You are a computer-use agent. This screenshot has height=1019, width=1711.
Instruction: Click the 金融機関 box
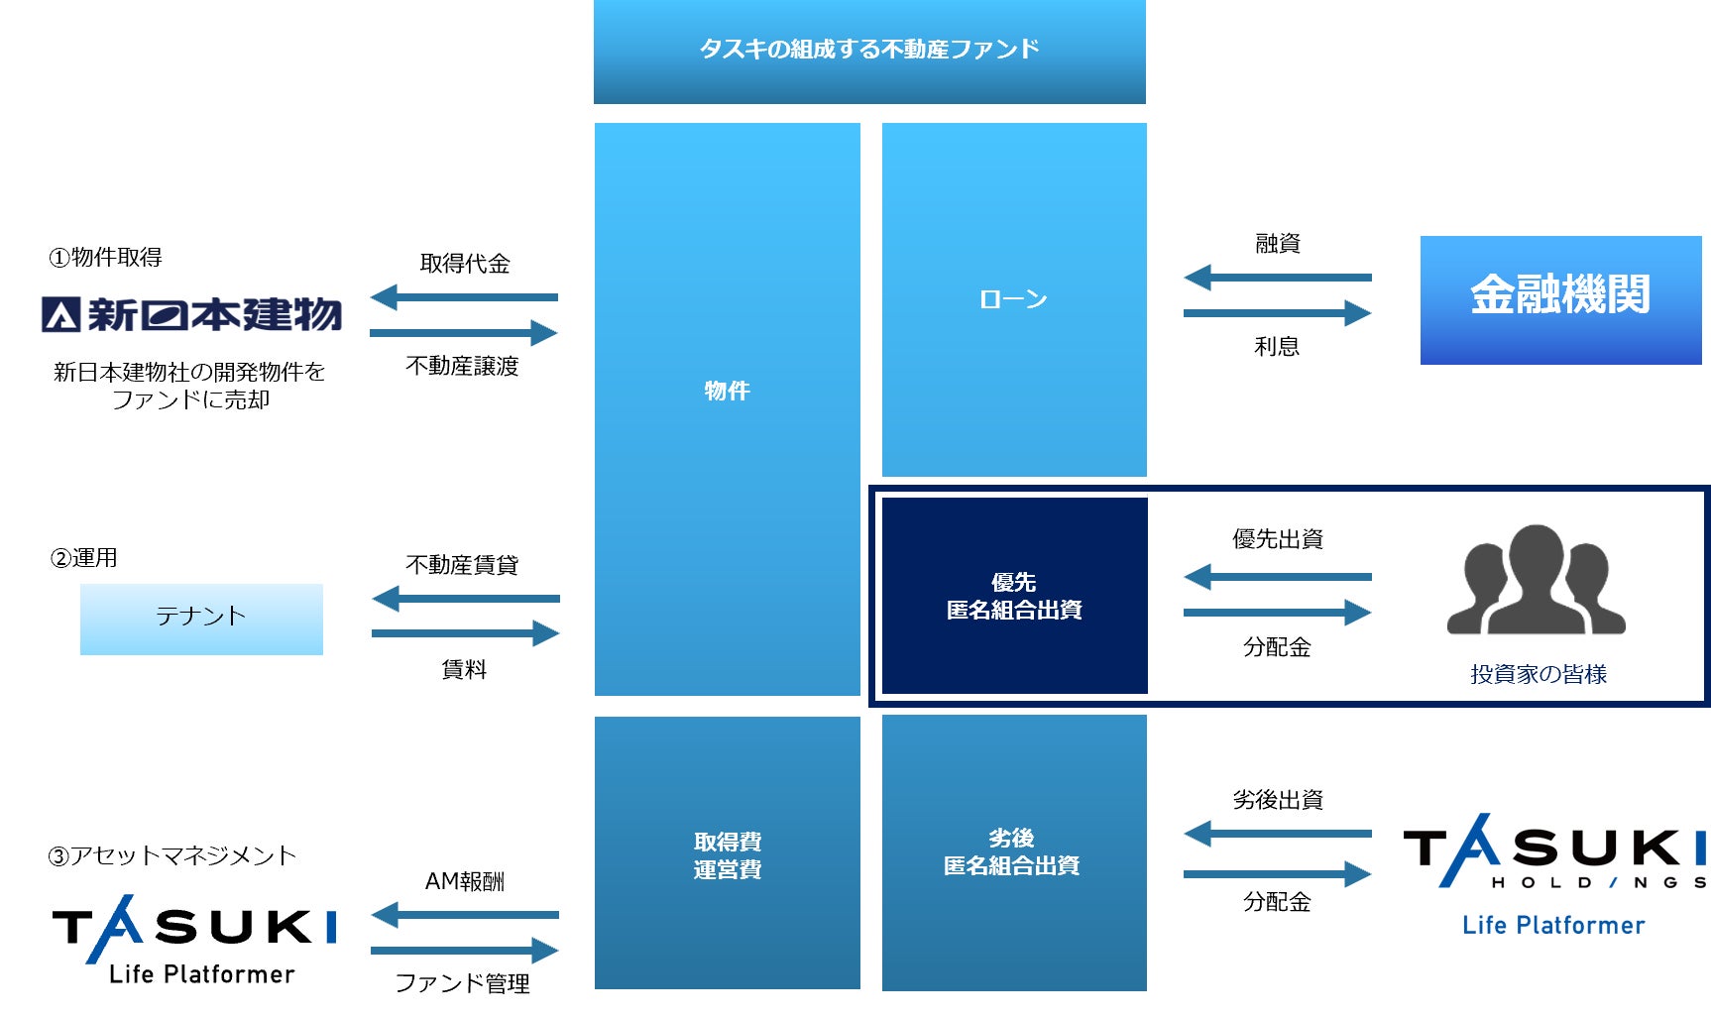(1560, 299)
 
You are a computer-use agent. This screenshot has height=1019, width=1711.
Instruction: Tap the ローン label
(1013, 299)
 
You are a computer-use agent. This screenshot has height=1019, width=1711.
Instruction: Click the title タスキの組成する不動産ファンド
(869, 50)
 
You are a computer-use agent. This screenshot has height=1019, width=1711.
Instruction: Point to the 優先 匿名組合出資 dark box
(1014, 596)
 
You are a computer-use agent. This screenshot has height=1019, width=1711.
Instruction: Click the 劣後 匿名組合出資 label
(1012, 852)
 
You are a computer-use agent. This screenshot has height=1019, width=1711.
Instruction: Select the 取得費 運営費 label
(728, 855)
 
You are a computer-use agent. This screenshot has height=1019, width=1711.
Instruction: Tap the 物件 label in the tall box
(727, 391)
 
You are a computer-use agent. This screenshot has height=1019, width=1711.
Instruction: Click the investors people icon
(1536, 580)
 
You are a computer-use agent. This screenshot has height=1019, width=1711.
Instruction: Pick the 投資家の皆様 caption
(1538, 674)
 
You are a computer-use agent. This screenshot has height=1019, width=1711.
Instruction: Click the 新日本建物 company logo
(191, 315)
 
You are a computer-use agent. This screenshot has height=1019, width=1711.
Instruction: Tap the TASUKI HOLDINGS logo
(1554, 852)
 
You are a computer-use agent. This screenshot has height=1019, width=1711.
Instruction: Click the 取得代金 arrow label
(465, 264)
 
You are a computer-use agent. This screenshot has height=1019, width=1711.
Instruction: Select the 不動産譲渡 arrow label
(462, 367)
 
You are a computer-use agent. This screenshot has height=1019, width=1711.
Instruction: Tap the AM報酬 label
(464, 881)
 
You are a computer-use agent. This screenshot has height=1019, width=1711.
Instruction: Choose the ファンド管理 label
(462, 983)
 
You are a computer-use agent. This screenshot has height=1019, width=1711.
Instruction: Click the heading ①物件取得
(106, 258)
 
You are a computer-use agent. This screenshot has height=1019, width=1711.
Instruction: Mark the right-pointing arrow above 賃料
(465, 633)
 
